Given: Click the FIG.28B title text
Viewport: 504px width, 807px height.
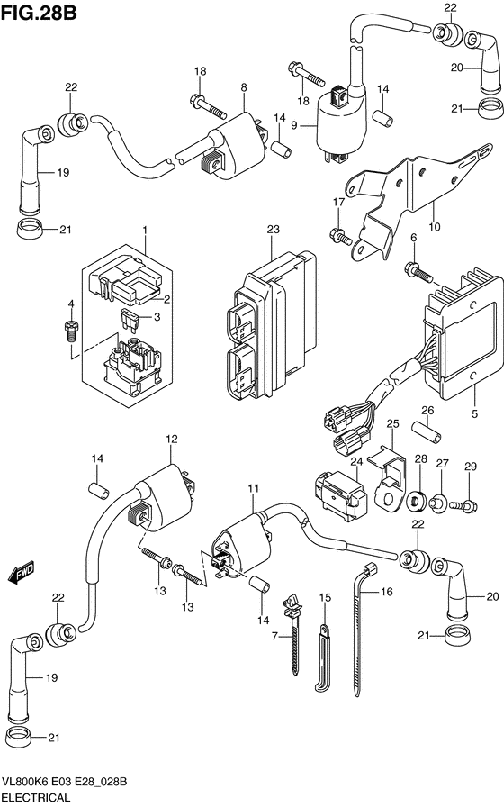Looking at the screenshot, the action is [x=39, y=13].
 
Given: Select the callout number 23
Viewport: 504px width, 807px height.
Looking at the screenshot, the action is [x=273, y=229].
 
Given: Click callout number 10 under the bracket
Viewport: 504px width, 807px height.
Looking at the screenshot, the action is [x=435, y=226].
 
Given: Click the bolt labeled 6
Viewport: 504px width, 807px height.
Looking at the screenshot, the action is [x=419, y=271].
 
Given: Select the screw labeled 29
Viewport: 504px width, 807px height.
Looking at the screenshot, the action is [x=463, y=506].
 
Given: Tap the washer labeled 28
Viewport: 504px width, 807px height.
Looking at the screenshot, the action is [x=417, y=502].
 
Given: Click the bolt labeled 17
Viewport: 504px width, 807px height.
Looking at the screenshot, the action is [x=340, y=236].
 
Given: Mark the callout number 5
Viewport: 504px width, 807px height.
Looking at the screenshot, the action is [x=474, y=413].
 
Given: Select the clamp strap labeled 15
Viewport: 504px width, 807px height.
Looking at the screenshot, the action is [x=323, y=657].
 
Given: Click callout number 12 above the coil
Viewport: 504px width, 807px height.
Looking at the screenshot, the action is [x=171, y=439].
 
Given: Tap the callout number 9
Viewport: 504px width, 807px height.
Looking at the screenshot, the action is [x=294, y=125].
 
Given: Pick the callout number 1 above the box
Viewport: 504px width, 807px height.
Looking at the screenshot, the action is [x=145, y=230].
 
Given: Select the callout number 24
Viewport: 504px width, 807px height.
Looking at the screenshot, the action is [x=356, y=462].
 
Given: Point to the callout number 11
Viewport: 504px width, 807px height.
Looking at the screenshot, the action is [x=253, y=488].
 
